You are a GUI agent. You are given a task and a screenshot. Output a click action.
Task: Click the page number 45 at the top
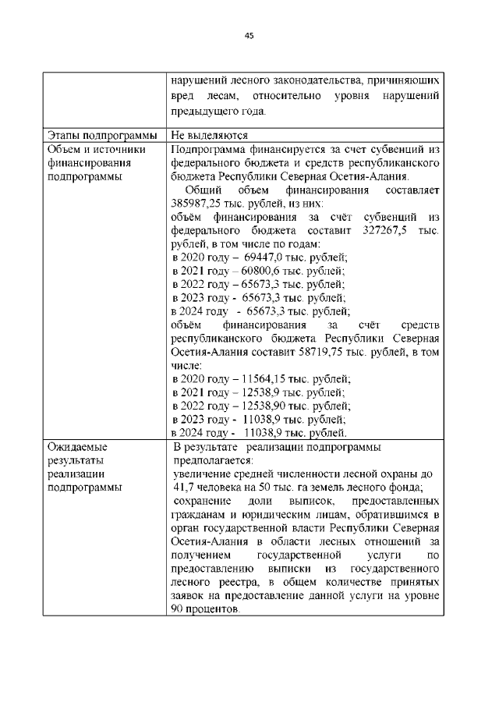249,35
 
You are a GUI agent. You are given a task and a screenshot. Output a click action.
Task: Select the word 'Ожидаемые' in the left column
77,447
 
